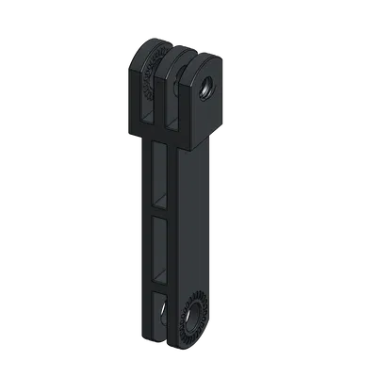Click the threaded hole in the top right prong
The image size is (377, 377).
(x=205, y=88)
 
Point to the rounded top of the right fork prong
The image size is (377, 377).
(x=195, y=60)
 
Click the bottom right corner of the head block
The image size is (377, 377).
(x=219, y=123)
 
